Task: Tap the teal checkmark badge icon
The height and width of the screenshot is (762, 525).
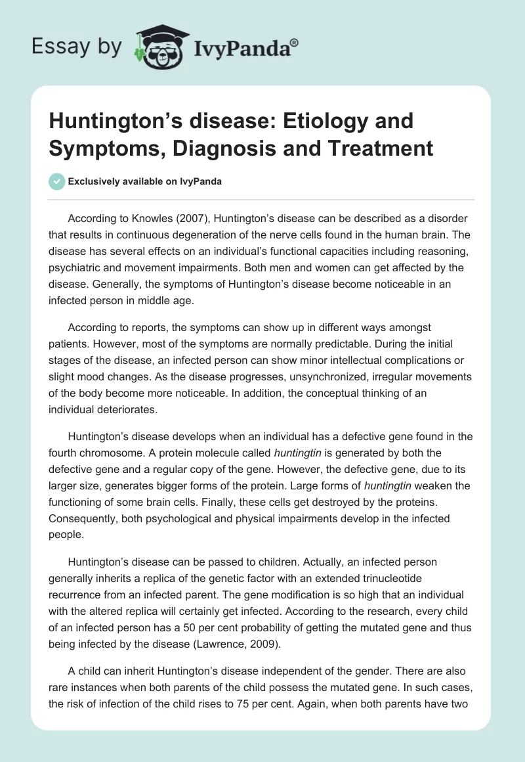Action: tap(58, 181)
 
